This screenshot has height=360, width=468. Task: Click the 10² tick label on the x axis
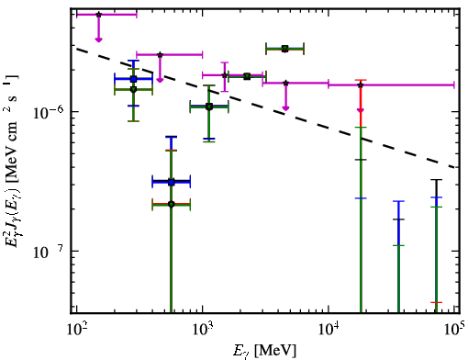pyautogui.click(x=76, y=329)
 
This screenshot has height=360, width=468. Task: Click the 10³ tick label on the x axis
pyautogui.click(x=202, y=329)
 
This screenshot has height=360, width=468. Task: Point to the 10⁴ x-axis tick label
pyautogui.click(x=329, y=329)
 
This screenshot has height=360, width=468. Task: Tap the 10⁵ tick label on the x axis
pyautogui.click(x=454, y=329)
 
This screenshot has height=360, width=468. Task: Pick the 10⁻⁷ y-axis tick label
pyautogui.click(x=48, y=251)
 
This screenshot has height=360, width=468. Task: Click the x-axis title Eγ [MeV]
pyautogui.click(x=264, y=351)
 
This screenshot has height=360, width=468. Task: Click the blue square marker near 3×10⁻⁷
pyautogui.click(x=172, y=183)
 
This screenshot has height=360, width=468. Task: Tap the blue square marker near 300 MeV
pyautogui.click(x=133, y=79)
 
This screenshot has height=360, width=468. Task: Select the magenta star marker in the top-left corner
pyautogui.click(x=98, y=15)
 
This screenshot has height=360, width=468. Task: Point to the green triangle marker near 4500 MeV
pyautogui.click(x=285, y=49)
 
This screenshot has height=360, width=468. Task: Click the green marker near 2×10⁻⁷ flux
pyautogui.click(x=172, y=204)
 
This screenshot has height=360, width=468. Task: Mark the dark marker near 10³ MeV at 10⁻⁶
pyautogui.click(x=209, y=107)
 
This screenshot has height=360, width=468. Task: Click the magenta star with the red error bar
pyautogui.click(x=361, y=84)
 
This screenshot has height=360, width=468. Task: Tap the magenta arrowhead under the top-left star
pyautogui.click(x=98, y=39)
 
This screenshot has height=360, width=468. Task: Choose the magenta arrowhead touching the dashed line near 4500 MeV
pyautogui.click(x=285, y=108)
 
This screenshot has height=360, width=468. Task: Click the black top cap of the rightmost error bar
pyautogui.click(x=437, y=180)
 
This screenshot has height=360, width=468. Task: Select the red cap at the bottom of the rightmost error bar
pyautogui.click(x=437, y=302)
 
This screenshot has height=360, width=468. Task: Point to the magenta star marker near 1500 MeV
pyautogui.click(x=225, y=75)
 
